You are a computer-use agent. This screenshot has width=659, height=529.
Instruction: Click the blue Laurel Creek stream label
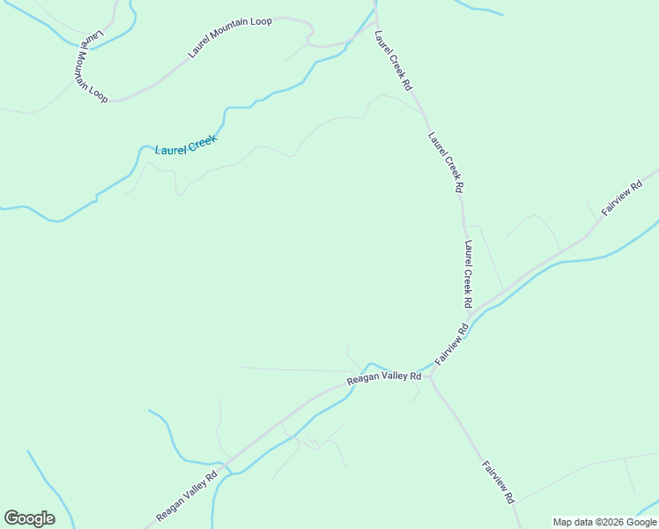pos(186,145)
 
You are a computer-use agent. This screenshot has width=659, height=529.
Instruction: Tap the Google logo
pos(29,518)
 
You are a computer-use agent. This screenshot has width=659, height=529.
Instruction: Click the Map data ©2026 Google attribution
pos(605,522)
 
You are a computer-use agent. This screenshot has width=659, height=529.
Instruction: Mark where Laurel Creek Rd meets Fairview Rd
pos(469,316)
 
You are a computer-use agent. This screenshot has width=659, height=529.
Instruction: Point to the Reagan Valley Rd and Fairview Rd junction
pos(432,374)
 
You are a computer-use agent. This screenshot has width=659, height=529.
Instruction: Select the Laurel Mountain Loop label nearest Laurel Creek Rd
pos(230,37)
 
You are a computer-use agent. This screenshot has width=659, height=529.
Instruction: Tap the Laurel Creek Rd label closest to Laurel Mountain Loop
pos(393,62)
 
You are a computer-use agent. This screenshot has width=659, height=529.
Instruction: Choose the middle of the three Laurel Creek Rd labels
pos(446,162)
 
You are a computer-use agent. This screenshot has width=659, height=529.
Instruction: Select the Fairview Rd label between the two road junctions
pos(452,344)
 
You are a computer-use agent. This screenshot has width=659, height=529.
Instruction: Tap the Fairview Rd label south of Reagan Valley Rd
pos(498,481)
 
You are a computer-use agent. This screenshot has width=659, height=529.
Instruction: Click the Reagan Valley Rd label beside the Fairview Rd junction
pos(384,376)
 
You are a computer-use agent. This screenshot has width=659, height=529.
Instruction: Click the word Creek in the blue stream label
pos(202,141)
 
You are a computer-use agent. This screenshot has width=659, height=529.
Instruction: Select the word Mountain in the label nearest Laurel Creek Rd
pos(231,36)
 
